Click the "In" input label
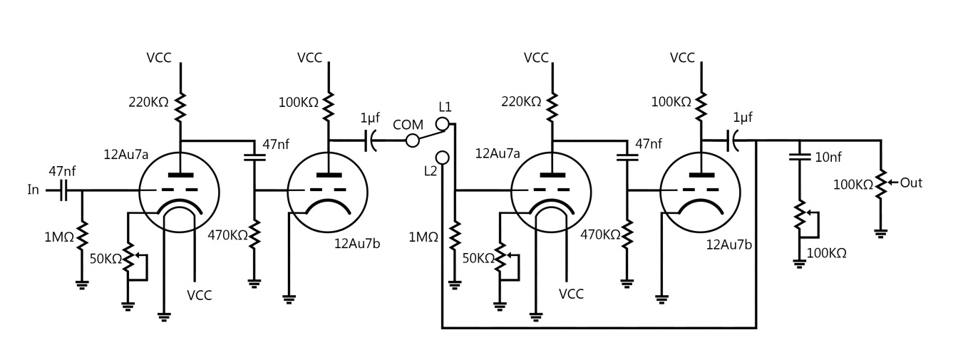34,190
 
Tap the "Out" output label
911,182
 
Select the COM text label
408,125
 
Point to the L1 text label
445,107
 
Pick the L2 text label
429,171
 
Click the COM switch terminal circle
412,140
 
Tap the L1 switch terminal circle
443,125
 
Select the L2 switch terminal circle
443,156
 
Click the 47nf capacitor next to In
63,190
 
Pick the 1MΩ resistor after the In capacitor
82,234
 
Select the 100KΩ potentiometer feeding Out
882,184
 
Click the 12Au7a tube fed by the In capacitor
179,190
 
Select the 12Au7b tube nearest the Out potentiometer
701,190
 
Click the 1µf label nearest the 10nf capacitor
742,118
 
